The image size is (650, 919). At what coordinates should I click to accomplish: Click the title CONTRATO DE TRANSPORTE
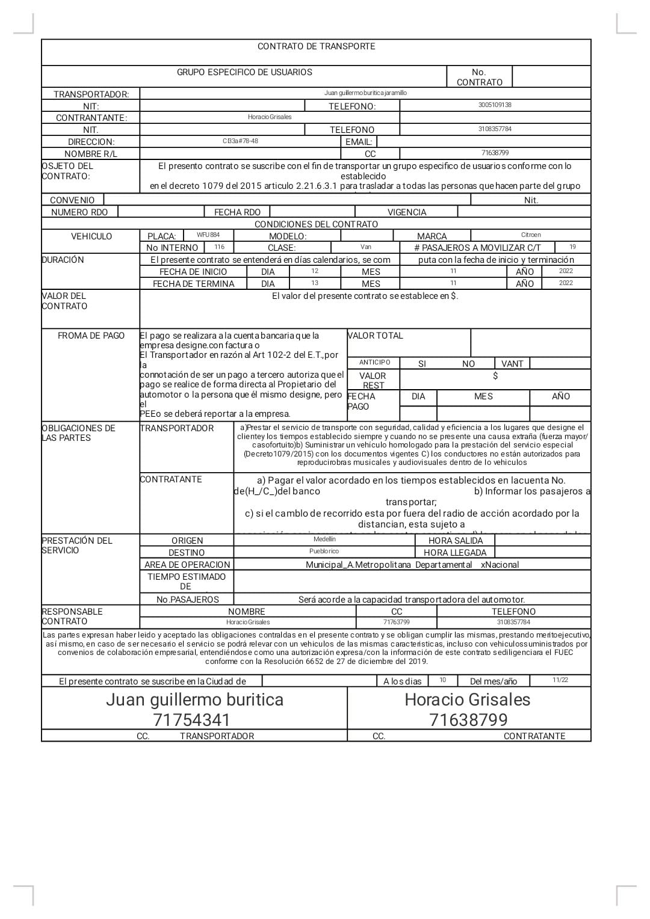(x=316, y=46)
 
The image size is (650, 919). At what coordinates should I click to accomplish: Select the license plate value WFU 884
(x=208, y=235)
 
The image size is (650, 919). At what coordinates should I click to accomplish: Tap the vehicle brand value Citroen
(x=531, y=235)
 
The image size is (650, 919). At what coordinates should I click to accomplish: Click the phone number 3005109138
(x=495, y=105)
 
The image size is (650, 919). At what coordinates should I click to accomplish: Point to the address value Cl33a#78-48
(x=240, y=141)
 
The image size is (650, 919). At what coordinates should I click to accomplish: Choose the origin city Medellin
(x=324, y=539)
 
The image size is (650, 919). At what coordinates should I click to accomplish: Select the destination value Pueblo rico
(x=324, y=552)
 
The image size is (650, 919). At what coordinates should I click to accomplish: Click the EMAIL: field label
(x=359, y=142)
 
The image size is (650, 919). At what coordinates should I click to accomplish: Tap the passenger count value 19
(x=572, y=247)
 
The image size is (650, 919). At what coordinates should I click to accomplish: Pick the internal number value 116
(x=219, y=247)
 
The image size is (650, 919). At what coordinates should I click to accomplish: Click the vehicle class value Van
(x=366, y=247)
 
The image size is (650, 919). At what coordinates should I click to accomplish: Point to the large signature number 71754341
(x=192, y=720)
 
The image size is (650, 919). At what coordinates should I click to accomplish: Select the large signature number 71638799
(x=468, y=720)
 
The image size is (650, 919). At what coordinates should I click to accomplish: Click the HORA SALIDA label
(x=455, y=541)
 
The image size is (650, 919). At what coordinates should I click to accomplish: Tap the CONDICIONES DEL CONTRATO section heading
(x=316, y=224)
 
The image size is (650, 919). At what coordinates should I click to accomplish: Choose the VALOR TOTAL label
(x=376, y=336)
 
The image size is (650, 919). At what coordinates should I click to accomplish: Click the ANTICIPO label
(x=374, y=363)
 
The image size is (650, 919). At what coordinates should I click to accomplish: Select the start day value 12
(x=315, y=271)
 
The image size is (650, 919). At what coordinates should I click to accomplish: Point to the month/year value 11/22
(x=560, y=680)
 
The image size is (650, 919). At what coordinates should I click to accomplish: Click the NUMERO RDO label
(x=79, y=212)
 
